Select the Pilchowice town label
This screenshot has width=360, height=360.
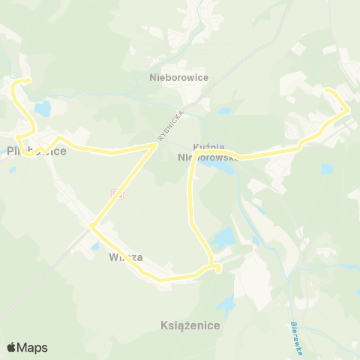[36, 151]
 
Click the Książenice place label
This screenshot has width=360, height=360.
[190, 325]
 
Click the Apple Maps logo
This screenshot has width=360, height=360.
[27, 347]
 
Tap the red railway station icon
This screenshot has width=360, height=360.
[117, 193]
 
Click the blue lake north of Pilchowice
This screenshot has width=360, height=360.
[42, 109]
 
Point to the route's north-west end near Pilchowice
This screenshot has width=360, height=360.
[28, 80]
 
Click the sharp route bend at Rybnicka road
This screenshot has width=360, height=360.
[155, 145]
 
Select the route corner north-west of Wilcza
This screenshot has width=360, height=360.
[91, 224]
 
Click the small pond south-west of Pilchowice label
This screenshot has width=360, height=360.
[13, 169]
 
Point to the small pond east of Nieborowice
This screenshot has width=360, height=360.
[223, 111]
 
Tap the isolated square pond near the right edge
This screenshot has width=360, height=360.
[326, 169]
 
